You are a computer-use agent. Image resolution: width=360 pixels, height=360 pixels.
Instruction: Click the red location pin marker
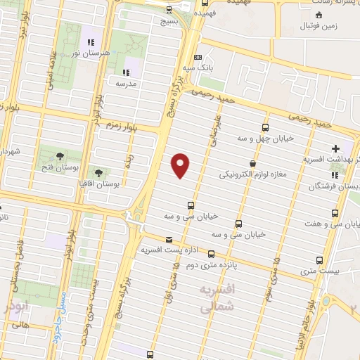181,165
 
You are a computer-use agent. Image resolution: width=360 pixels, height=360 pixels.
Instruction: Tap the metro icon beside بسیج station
169,10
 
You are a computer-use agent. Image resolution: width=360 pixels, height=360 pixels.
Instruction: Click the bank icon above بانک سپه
198,58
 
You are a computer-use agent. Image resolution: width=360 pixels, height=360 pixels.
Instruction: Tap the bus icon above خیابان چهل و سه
265,127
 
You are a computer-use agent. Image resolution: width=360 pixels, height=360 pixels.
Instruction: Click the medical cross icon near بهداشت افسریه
335,148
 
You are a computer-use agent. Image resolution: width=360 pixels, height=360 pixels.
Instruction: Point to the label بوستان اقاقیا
120,182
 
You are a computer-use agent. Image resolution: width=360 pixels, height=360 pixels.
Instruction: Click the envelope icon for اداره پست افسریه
168,240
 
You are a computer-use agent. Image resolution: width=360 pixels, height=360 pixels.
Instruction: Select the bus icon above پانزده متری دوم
210,255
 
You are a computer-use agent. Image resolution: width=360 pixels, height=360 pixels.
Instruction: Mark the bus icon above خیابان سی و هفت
337,212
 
